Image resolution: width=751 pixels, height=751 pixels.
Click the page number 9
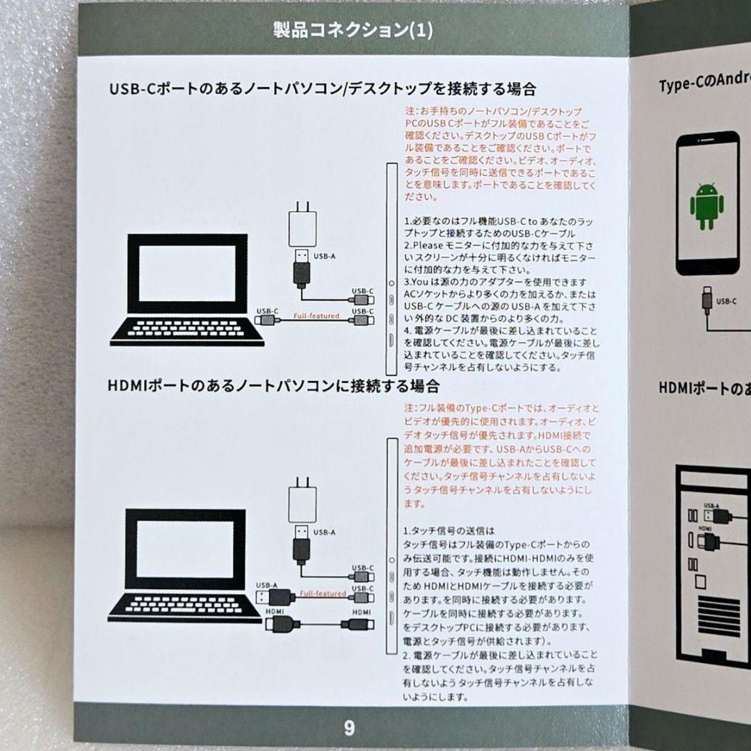point(349,728)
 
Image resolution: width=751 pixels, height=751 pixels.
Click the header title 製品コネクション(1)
point(353,31)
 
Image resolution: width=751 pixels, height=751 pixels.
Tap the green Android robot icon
point(706,206)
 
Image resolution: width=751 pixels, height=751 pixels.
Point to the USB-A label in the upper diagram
point(324,256)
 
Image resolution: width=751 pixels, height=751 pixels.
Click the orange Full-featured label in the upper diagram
point(316,316)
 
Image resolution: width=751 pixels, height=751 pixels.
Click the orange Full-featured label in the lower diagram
point(323,593)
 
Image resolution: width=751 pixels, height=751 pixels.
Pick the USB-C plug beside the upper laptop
point(266,320)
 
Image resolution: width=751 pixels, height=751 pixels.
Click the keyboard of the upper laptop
point(186,331)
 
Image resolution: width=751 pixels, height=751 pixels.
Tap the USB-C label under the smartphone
point(726,301)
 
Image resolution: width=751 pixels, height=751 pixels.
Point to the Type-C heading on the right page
point(704,85)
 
